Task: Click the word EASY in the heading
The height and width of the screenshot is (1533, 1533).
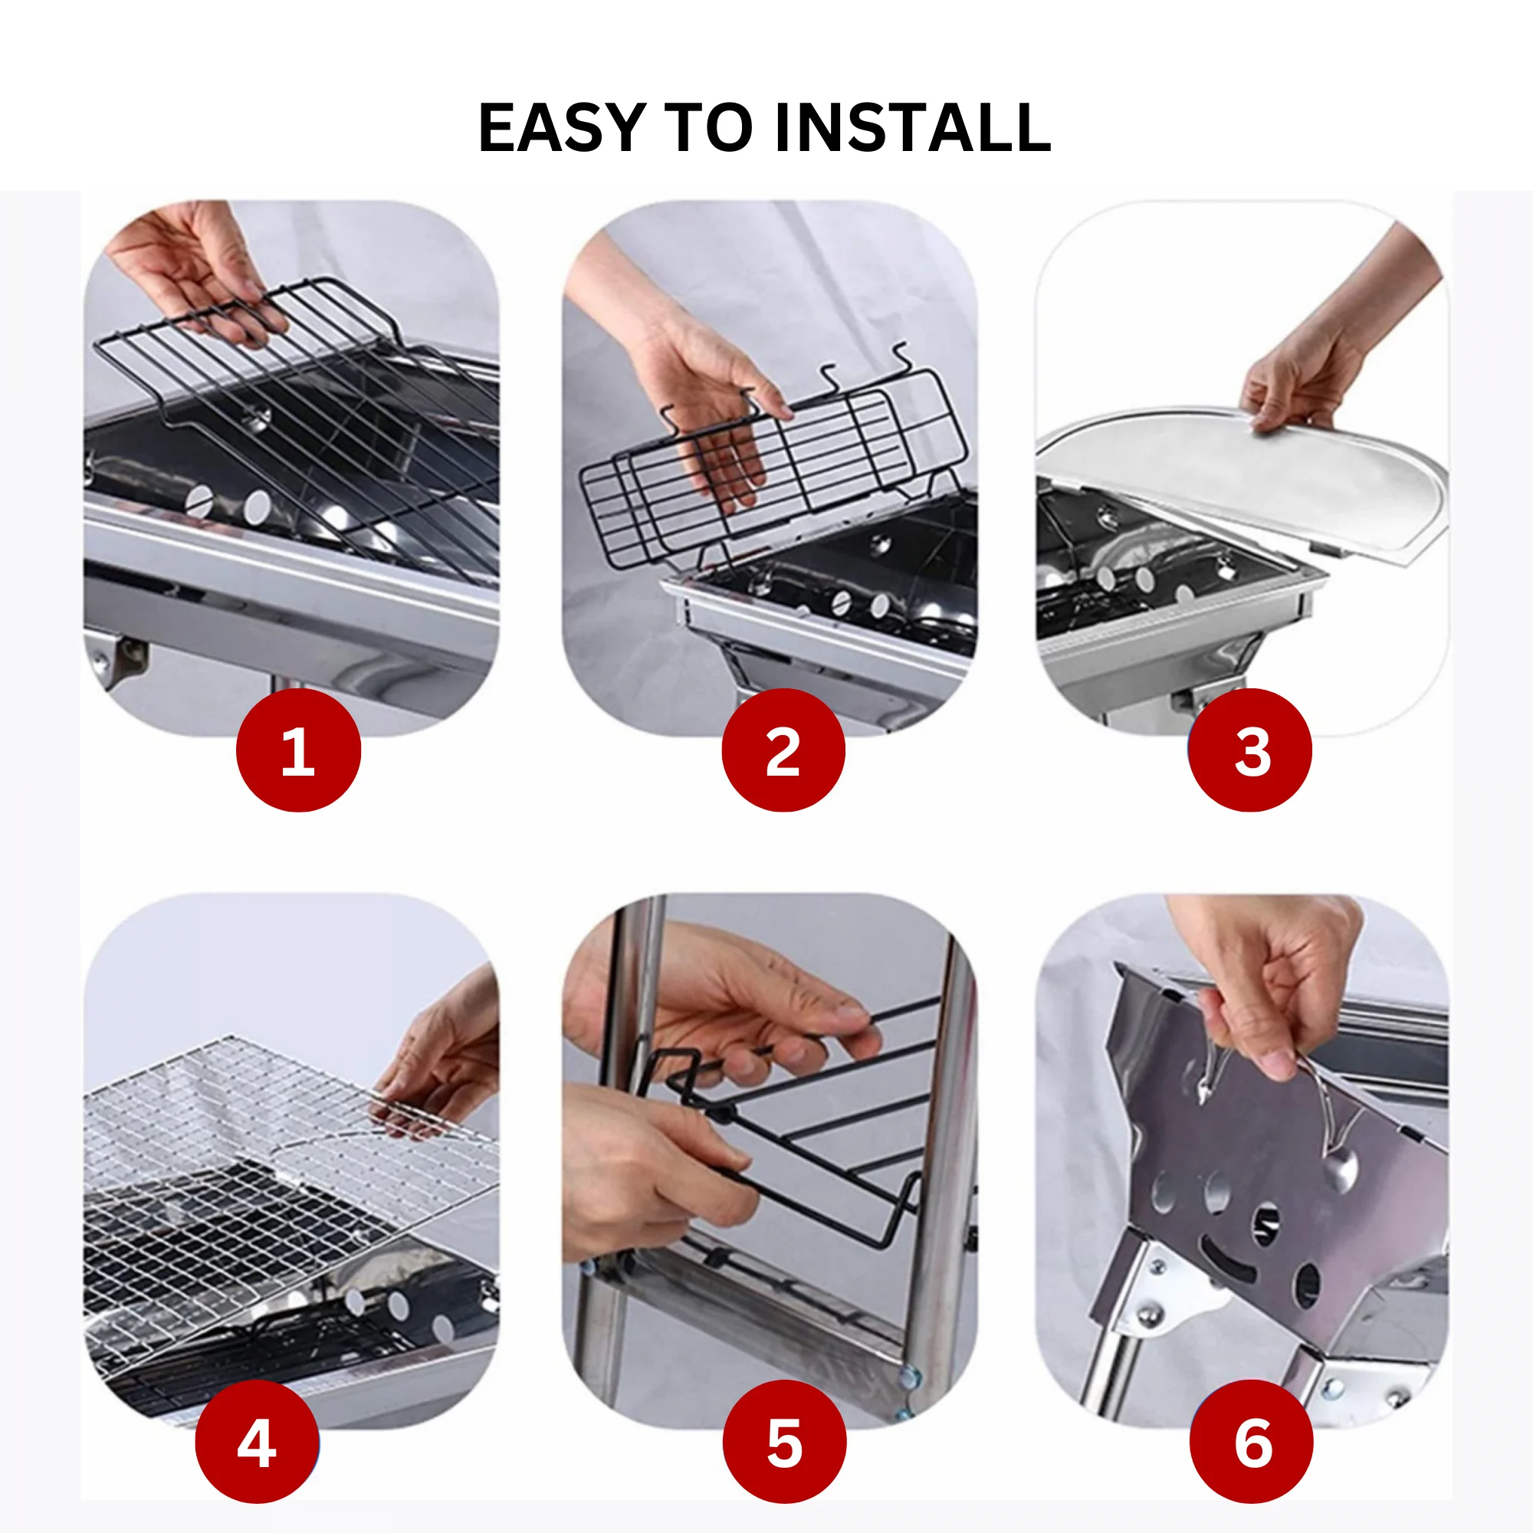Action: click(560, 128)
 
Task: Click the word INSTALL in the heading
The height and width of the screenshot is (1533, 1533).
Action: click(912, 128)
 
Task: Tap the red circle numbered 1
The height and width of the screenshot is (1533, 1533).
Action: click(298, 750)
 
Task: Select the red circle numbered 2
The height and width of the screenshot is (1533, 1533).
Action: click(783, 750)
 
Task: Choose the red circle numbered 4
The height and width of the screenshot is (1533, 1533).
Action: click(257, 1442)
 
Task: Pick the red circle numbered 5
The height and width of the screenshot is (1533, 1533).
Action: click(784, 1442)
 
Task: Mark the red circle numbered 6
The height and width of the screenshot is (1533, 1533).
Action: click(1252, 1442)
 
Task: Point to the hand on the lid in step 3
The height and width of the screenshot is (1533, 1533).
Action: click(1333, 349)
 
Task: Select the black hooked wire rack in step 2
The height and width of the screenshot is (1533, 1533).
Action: click(773, 460)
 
